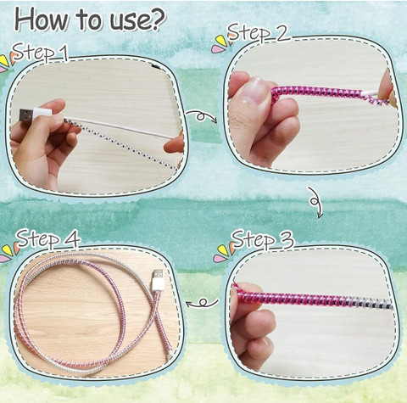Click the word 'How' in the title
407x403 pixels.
click(42, 19)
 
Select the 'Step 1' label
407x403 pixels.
click(41, 52)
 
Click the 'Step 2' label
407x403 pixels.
click(259, 32)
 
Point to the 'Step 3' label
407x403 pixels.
click(263, 239)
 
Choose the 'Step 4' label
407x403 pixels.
click(48, 238)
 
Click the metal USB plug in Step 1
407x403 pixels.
click(26, 116)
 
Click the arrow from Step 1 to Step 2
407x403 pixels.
click(201, 115)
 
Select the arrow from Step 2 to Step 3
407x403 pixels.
click(315, 201)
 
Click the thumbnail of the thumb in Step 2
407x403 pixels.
click(256, 91)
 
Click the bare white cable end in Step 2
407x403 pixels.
click(371, 93)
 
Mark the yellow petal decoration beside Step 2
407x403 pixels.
click(221, 41)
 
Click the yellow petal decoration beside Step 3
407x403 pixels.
click(223, 249)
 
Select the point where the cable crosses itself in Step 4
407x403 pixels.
click(155, 307)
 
